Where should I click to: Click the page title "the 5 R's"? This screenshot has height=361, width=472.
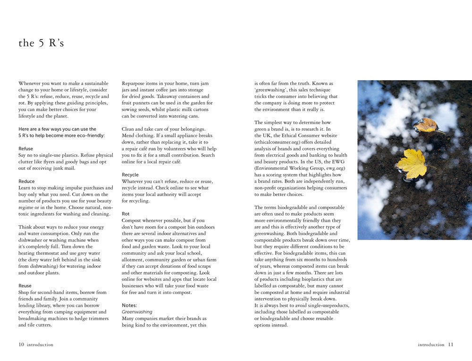41,43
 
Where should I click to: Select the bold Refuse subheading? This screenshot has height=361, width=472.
25,149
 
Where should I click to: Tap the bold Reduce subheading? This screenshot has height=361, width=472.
26,181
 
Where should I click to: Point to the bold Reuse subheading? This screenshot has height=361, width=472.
25,286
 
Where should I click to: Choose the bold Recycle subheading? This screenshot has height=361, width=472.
130,175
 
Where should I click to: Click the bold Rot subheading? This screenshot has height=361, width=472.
126,214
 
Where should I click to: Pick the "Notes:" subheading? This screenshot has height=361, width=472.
129,305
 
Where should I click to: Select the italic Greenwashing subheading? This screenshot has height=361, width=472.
137,312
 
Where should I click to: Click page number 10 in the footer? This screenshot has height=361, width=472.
21,344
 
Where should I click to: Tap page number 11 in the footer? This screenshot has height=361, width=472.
450,344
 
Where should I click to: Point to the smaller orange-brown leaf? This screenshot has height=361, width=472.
427,125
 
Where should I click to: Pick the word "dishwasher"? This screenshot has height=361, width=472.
33,240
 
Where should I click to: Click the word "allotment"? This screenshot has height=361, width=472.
135,260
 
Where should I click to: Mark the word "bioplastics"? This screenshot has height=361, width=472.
315,279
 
